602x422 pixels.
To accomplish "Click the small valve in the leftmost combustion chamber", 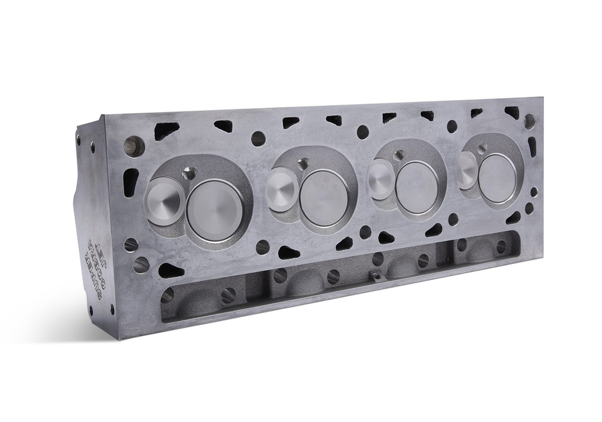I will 164,201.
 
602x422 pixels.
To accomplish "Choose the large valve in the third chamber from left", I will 417,186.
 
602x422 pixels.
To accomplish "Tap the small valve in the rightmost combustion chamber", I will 468,170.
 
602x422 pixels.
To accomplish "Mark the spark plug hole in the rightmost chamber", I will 482,147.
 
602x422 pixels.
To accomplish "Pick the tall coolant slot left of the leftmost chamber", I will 130,181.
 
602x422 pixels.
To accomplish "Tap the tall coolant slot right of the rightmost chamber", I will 532,147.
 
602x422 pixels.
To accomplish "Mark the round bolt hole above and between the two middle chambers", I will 363,132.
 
